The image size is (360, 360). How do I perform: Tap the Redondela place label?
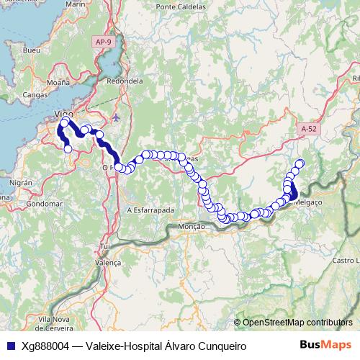click(120, 81)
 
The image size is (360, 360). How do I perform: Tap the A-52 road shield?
click(309, 128)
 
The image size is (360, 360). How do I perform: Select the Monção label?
click(191, 226)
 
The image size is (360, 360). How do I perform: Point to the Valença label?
click(109, 263)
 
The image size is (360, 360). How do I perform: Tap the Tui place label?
click(105, 246)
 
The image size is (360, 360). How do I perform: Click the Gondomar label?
click(41, 204)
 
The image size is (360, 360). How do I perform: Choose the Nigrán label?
click(22, 184)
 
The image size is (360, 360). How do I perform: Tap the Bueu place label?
click(32, 52)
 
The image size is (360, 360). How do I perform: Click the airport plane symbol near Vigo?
click(117, 117)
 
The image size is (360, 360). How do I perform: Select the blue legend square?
click(10, 346)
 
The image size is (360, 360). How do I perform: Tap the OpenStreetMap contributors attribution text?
click(297, 323)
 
